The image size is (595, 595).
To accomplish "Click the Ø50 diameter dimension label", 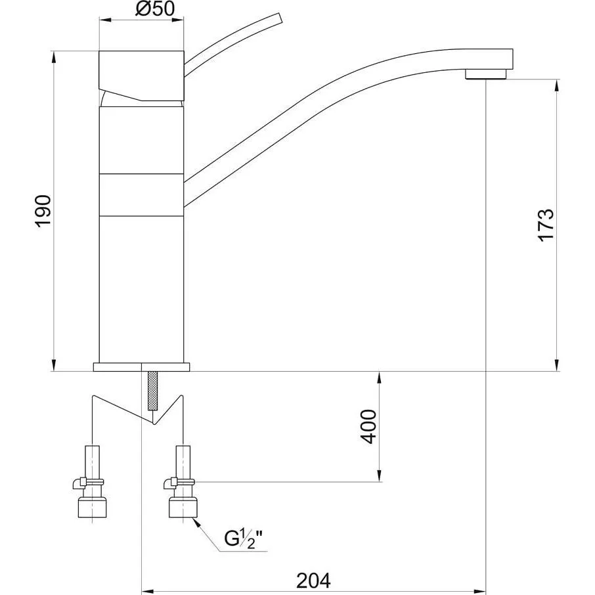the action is point(155,9).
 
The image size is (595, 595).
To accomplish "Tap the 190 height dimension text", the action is point(43,211).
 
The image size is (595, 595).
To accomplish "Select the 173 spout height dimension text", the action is point(546,225).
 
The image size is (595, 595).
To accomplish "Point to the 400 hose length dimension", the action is point(368,426).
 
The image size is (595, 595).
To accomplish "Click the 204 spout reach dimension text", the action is point(313,581).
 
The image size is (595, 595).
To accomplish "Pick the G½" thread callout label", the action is point(243,539).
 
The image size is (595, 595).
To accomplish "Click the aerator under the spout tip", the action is point(486,74).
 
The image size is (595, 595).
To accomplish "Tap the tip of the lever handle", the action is point(280,18).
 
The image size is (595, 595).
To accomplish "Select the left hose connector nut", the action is point(92,508).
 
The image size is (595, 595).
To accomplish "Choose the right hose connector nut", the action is point(183,508).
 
